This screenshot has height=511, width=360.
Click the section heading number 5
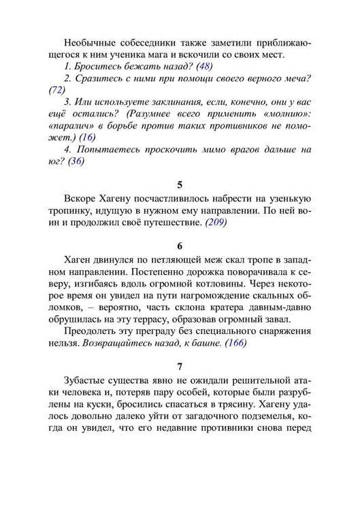click(x=180, y=184)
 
